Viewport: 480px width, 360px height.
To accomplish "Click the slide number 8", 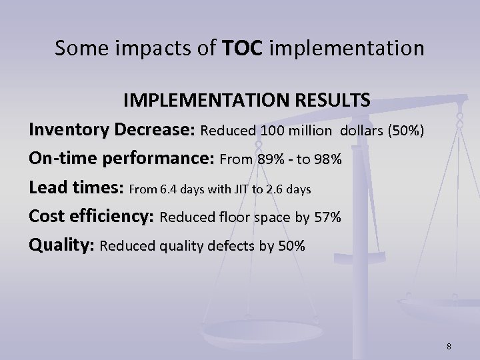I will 449,345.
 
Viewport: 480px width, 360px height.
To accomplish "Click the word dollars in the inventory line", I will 361,129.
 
